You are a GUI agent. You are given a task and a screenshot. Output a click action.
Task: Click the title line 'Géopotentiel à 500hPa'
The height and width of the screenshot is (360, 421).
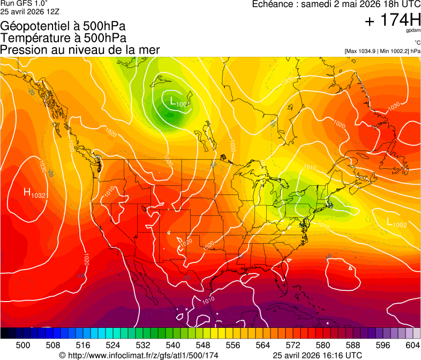click(63, 26)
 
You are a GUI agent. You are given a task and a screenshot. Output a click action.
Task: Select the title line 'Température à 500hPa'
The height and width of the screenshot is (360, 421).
click(63, 38)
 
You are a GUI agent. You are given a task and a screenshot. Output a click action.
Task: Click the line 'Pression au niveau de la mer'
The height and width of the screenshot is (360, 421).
click(80, 50)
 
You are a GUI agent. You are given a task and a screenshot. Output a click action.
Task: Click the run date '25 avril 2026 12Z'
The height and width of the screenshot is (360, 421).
click(30, 11)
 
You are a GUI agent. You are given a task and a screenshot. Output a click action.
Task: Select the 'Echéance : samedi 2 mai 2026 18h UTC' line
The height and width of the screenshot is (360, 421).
click(336, 4)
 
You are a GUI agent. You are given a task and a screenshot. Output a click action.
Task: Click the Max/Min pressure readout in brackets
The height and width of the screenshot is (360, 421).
click(382, 51)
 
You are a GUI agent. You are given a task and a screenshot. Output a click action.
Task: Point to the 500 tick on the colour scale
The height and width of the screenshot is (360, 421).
click(23, 345)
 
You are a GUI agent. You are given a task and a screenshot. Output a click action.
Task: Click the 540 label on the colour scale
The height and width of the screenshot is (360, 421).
click(173, 345)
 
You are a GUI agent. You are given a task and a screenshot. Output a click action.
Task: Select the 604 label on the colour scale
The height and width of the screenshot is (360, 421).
click(412, 345)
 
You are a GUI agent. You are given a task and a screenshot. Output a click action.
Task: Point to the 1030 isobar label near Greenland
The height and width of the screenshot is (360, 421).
click(393, 107)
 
